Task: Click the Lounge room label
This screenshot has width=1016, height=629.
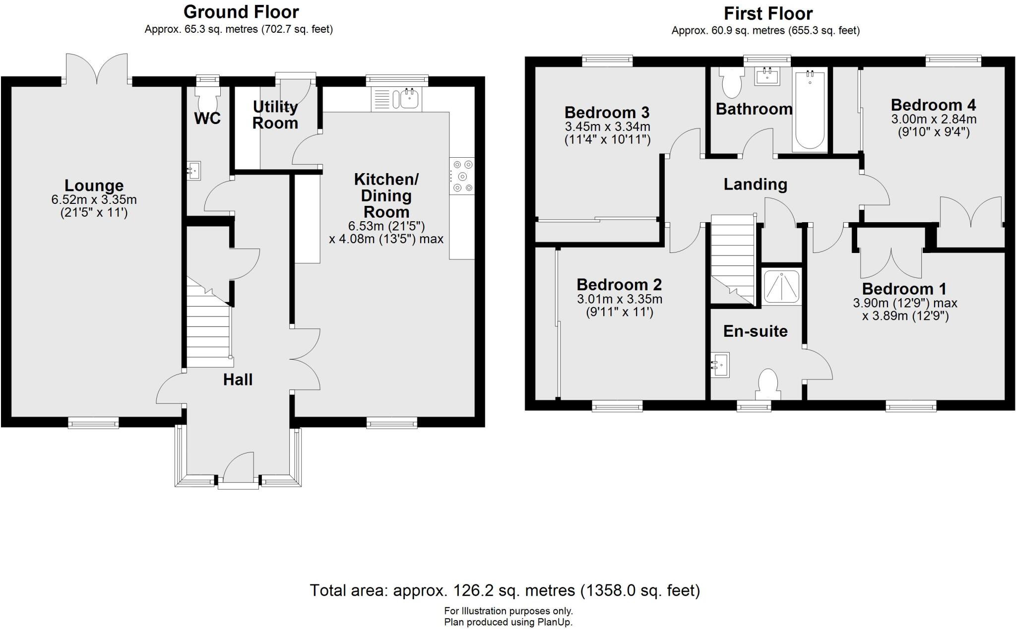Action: click(x=94, y=186)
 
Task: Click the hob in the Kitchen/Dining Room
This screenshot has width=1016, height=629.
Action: click(x=462, y=176)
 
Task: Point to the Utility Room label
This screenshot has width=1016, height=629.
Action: click(x=275, y=115)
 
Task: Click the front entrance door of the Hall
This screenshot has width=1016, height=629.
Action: click(x=239, y=469)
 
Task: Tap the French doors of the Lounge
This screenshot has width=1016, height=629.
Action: click(x=97, y=68)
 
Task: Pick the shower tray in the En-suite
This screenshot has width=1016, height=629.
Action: click(x=781, y=287)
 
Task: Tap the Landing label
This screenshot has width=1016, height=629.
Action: click(x=755, y=185)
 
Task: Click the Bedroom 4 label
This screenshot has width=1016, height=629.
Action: click(x=933, y=105)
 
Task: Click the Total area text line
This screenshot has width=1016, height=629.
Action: click(x=505, y=590)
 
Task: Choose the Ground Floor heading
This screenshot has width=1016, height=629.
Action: click(x=241, y=11)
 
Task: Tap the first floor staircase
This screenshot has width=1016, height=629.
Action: click(x=732, y=260)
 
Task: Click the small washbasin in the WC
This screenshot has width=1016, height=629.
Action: click(x=194, y=171)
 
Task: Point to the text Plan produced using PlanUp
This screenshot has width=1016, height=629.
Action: click(x=508, y=622)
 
